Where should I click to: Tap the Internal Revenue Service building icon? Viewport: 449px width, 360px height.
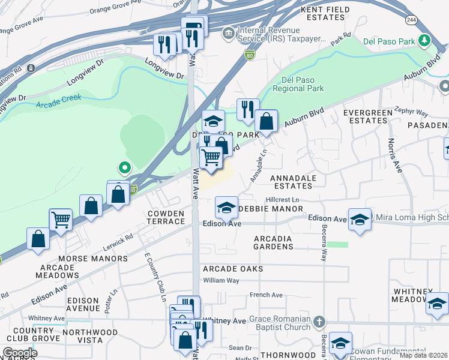pos(228,32)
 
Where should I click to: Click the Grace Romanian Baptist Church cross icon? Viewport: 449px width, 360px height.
pos(319,322)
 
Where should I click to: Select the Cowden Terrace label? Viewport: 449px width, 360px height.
pos(167,217)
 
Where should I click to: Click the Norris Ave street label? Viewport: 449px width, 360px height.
pos(395,156)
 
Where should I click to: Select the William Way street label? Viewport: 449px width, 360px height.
pos(221,280)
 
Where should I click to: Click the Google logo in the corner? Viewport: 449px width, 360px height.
pos(19,353)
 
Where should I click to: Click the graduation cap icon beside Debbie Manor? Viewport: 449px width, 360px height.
pos(226,208)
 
